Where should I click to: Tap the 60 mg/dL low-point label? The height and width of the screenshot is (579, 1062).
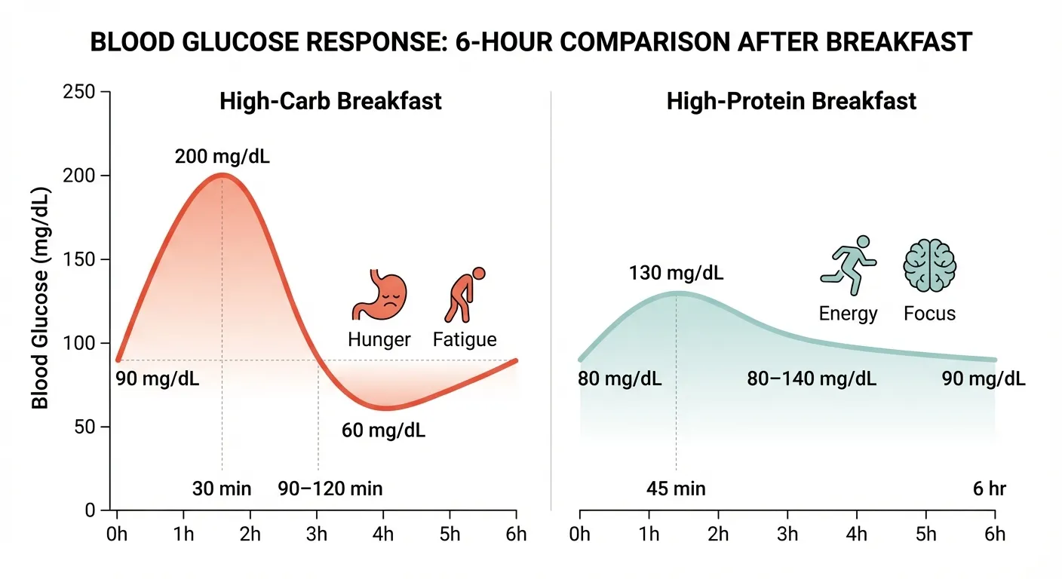point(383,431)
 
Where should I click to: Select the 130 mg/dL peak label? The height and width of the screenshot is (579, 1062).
point(676,273)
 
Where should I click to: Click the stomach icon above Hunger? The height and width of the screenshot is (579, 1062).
point(379,296)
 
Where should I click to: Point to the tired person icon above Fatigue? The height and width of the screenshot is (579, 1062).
point(464,296)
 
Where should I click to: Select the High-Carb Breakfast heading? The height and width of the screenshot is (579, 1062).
point(330,101)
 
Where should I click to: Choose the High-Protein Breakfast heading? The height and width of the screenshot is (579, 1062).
point(791,101)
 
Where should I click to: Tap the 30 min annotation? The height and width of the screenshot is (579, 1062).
point(222,489)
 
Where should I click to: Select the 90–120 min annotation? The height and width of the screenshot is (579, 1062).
point(330,489)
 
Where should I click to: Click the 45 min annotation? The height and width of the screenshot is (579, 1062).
point(676,489)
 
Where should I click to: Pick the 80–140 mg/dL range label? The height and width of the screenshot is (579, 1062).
point(812,378)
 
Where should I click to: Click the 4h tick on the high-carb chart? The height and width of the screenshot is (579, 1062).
point(383,535)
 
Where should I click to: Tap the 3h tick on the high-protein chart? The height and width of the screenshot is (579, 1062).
point(787,535)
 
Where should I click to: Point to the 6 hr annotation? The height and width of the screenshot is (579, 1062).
point(989,489)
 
